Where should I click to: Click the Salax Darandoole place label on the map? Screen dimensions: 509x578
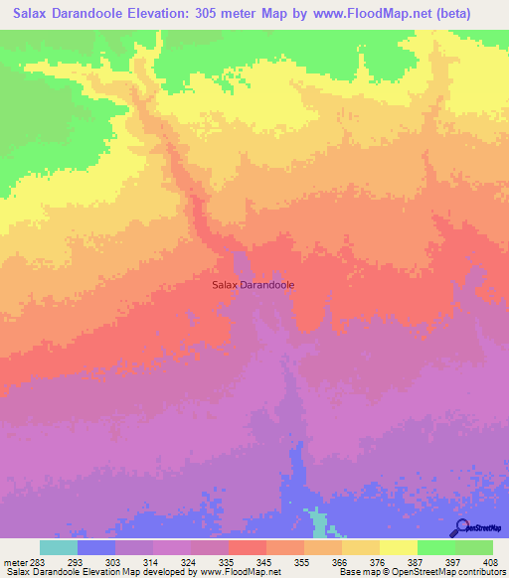click(254, 284)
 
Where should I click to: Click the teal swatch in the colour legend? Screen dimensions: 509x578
click(59, 548)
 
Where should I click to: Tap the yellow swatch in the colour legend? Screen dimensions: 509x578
click(398, 548)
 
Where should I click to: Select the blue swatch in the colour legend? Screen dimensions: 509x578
click(96, 548)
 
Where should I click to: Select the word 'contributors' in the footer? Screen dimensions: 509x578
click(477, 571)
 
